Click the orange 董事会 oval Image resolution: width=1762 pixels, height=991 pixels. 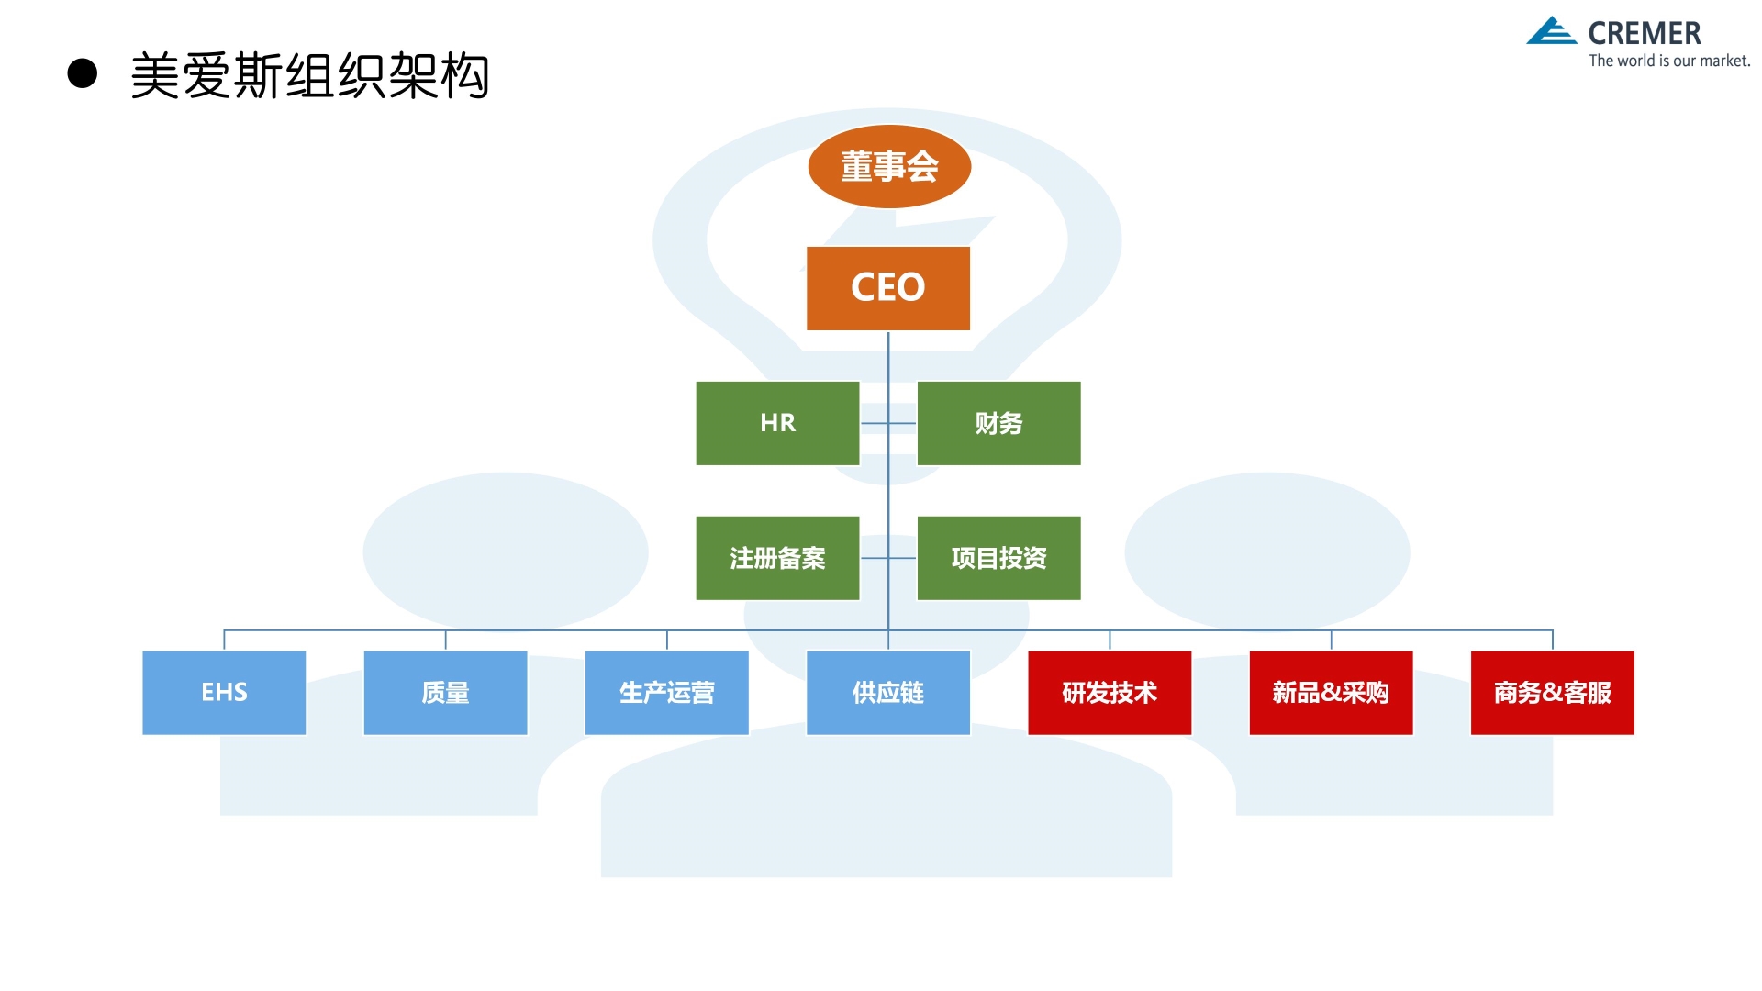[x=888, y=167]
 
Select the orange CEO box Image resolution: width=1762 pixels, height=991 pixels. [x=887, y=287]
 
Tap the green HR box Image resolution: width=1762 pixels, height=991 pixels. [x=777, y=423]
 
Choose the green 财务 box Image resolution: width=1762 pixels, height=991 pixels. [x=998, y=423]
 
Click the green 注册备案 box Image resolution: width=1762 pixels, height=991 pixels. [x=777, y=558]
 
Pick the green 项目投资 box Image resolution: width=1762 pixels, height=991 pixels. [x=998, y=558]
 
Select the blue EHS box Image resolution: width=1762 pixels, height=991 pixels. [x=224, y=693]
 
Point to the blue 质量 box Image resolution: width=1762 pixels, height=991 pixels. [x=445, y=693]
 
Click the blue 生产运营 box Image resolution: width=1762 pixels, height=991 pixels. [x=666, y=693]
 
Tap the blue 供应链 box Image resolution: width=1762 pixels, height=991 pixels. [x=887, y=693]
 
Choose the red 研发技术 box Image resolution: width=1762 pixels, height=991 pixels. [x=1110, y=693]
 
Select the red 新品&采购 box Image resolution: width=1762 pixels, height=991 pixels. [x=1331, y=693]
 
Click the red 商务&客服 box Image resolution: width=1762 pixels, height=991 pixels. [x=1552, y=693]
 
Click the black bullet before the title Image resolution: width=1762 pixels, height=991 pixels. [x=83, y=73]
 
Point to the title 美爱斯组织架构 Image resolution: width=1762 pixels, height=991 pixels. [x=310, y=75]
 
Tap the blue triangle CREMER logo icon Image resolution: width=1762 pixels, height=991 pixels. [x=1551, y=31]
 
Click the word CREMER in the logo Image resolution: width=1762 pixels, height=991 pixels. [x=1645, y=34]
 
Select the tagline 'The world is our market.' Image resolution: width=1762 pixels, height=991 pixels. [x=1669, y=61]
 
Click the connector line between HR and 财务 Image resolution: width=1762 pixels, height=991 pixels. [x=875, y=423]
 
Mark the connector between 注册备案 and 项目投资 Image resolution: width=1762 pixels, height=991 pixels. [x=875, y=558]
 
